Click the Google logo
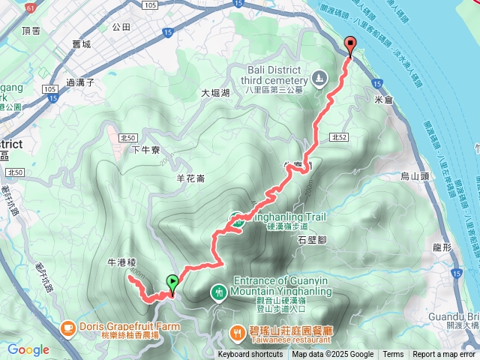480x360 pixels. [x=28, y=349]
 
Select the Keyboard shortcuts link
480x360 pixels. [x=251, y=355]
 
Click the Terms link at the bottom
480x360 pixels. [x=393, y=355]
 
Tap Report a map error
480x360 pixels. [x=444, y=355]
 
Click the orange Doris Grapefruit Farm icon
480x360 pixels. [x=67, y=327]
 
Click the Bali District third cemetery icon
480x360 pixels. [x=319, y=77]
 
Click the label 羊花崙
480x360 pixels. [x=190, y=178]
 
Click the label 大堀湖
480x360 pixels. [x=215, y=93]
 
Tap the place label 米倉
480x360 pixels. [x=382, y=98]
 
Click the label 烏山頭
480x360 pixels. [x=413, y=176]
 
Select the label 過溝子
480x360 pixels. [x=79, y=82]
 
